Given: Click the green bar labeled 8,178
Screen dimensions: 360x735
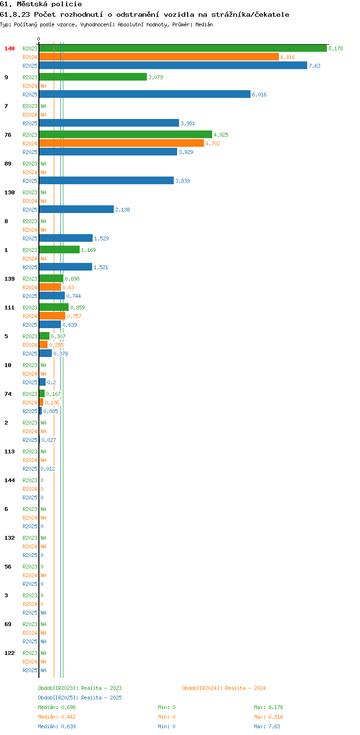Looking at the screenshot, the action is click(x=183, y=48).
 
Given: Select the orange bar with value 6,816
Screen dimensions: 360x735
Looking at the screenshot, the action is click(x=159, y=57).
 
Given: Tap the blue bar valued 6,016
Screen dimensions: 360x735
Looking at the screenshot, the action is click(x=145, y=94).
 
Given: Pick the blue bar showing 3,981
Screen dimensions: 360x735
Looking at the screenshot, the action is click(x=109, y=123).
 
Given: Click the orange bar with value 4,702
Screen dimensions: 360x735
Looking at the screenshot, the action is click(x=122, y=143).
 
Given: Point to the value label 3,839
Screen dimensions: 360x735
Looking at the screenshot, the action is click(x=182, y=181).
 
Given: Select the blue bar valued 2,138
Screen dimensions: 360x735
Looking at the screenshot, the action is click(x=76, y=209).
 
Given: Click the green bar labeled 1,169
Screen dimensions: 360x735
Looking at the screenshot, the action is click(x=60, y=249).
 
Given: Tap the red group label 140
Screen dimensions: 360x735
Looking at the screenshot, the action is click(x=10, y=48).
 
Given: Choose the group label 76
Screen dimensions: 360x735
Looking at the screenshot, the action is click(x=8, y=135).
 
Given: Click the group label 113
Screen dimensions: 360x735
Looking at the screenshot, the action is click(x=10, y=451).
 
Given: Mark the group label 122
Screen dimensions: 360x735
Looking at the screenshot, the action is click(x=10, y=653).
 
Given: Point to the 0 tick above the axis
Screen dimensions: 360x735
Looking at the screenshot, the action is click(x=39, y=39).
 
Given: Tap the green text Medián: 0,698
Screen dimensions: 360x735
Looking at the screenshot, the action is click(x=57, y=707).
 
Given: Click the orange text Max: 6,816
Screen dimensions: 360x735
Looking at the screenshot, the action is click(x=268, y=717).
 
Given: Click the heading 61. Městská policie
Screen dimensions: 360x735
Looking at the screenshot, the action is click(x=41, y=4).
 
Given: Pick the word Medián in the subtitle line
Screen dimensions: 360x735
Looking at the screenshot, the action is click(x=204, y=24).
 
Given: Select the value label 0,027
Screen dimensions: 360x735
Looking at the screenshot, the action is click(x=48, y=440).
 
